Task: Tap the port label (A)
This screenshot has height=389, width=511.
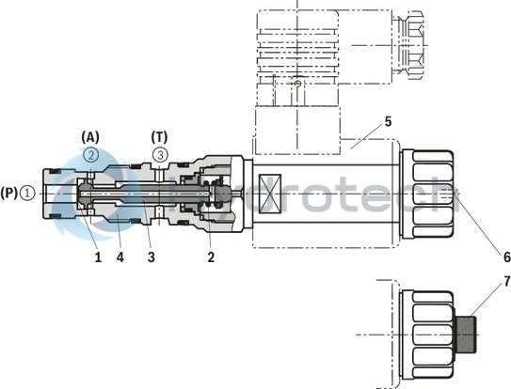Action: tap(90, 136)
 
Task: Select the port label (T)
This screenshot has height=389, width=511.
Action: tap(161, 136)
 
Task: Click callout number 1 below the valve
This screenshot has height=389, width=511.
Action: tap(97, 255)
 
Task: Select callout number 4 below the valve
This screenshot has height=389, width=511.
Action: tap(120, 255)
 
